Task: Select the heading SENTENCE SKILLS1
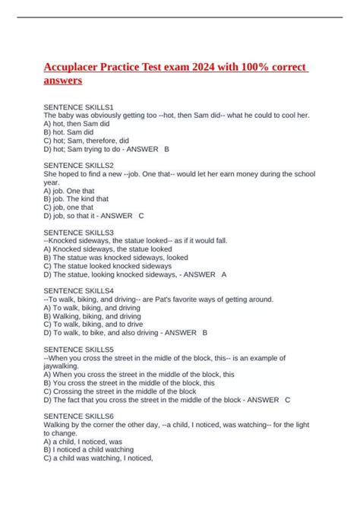(78, 106)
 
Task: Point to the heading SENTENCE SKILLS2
(78, 165)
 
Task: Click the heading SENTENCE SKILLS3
(78, 232)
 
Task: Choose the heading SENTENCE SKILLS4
(78, 290)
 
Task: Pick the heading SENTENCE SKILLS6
(78, 417)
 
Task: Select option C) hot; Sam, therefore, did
(86, 140)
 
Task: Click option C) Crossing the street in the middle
(121, 391)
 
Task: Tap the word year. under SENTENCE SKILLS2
(52, 182)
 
